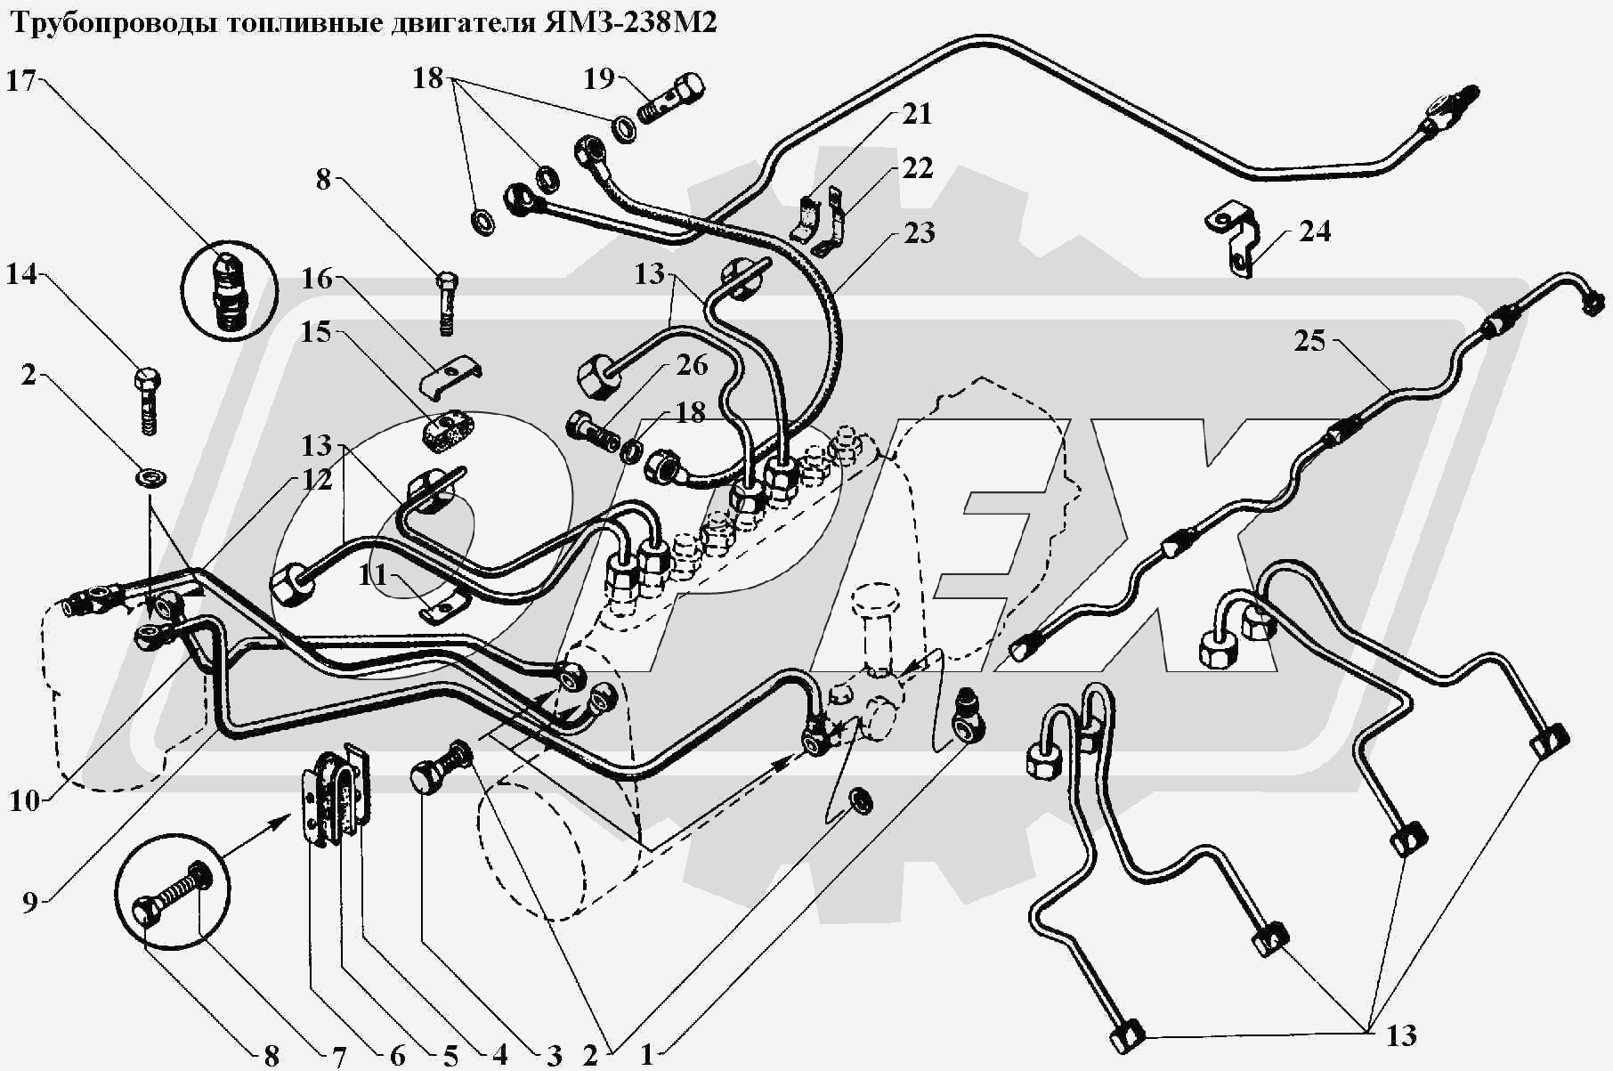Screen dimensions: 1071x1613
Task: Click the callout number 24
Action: pyautogui.click(x=1314, y=231)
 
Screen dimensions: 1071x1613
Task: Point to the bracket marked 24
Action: pyautogui.click(x=1236, y=239)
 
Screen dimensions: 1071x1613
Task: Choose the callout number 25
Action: pyautogui.click(x=1309, y=341)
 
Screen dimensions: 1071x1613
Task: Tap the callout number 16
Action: pyautogui.click(x=316, y=280)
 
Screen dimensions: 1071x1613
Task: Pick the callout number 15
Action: pyautogui.click(x=316, y=332)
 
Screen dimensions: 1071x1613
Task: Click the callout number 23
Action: pyautogui.click(x=919, y=233)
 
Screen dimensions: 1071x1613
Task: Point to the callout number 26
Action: pyautogui.click(x=691, y=365)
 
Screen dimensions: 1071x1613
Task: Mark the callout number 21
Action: pyautogui.click(x=917, y=114)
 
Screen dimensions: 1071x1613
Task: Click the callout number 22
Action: pyautogui.click(x=917, y=167)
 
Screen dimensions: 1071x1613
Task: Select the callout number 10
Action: pyautogui.click(x=24, y=800)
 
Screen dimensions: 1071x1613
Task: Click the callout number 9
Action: pyautogui.click(x=29, y=903)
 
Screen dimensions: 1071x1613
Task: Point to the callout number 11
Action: pyautogui.click(x=373, y=575)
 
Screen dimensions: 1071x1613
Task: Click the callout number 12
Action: pyautogui.click(x=316, y=480)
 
